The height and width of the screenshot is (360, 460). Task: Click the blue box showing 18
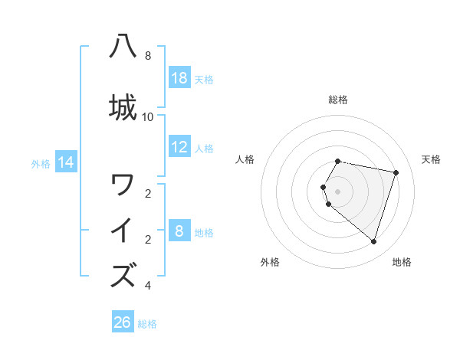pyautogui.click(x=179, y=78)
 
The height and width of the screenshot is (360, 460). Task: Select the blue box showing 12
pyautogui.click(x=179, y=148)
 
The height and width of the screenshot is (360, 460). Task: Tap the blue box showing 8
pyautogui.click(x=179, y=232)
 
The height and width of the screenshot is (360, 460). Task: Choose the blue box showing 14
pyautogui.click(x=66, y=162)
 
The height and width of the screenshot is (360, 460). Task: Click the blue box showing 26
pyautogui.click(x=123, y=322)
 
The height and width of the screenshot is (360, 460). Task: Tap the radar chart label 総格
pyautogui.click(x=338, y=100)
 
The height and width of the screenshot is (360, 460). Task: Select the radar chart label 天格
pyautogui.click(x=431, y=159)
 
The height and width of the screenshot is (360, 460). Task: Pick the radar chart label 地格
pyautogui.click(x=402, y=262)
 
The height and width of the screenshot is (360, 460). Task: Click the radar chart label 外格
pyautogui.click(x=270, y=262)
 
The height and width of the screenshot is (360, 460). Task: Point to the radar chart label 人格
pyautogui.click(x=245, y=159)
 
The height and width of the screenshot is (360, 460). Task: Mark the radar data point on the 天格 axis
pyautogui.click(x=396, y=172)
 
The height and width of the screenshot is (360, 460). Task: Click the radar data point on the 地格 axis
pyautogui.click(x=373, y=241)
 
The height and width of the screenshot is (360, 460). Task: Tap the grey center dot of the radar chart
pyautogui.click(x=338, y=191)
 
